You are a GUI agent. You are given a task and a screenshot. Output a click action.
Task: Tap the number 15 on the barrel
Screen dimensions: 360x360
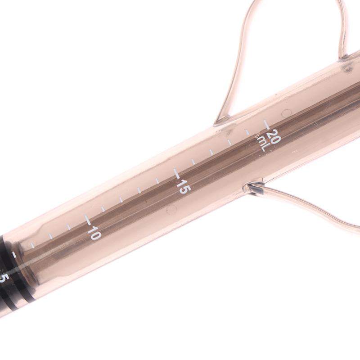[184, 186]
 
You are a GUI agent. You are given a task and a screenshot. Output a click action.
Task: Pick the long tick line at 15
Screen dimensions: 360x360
[176, 174]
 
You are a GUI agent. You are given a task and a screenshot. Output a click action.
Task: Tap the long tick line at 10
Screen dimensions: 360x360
[88, 220]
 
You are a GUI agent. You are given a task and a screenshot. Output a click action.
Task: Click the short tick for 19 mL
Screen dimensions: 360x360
[247, 132]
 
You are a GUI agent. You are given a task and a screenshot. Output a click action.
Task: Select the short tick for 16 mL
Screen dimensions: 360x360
[193, 162]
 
